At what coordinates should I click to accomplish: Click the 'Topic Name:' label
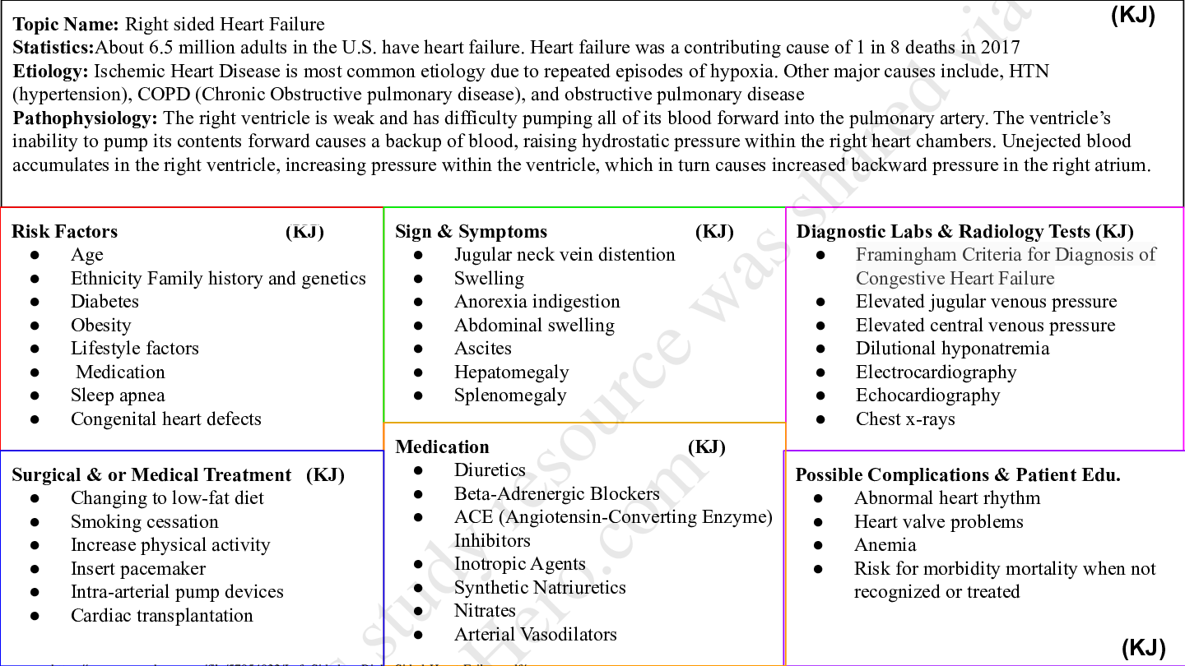tap(66, 25)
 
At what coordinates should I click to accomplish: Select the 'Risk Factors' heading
tap(65, 232)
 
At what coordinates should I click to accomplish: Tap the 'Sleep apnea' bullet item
tap(118, 395)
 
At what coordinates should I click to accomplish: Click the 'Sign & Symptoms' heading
tap(471, 232)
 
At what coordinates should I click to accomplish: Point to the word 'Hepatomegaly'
tap(511, 372)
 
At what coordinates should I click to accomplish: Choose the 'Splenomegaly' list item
tap(510, 395)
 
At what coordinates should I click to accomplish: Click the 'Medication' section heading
tap(442, 447)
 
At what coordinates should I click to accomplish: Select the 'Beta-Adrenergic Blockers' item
tap(556, 494)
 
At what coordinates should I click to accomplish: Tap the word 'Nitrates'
tap(485, 611)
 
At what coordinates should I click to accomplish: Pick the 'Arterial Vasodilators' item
tap(535, 635)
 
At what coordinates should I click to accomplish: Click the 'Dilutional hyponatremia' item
tap(952, 349)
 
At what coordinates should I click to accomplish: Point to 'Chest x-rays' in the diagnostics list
tap(905, 419)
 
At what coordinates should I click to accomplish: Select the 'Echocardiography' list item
tap(927, 395)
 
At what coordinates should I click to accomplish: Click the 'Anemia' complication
tap(885, 545)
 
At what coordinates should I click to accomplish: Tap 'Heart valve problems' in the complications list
tap(938, 522)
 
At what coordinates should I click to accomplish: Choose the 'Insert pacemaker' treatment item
tap(138, 569)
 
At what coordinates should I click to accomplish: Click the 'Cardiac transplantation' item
tap(162, 616)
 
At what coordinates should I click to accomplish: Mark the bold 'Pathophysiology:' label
tap(85, 118)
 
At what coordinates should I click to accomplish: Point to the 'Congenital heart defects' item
tap(165, 419)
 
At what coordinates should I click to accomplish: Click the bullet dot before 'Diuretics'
tap(418, 471)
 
